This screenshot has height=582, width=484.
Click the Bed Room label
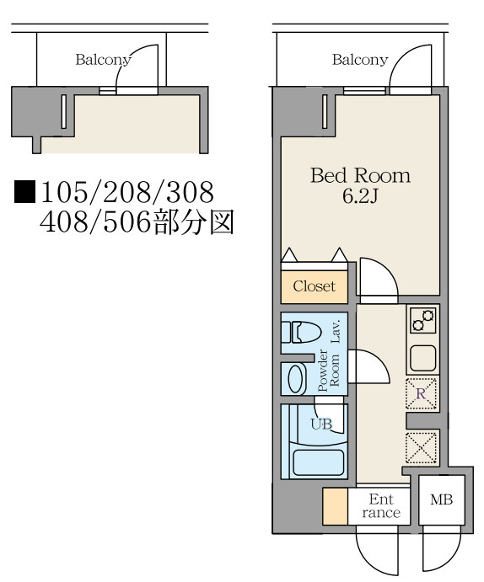click(x=360, y=175)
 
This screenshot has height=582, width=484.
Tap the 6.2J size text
click(x=360, y=196)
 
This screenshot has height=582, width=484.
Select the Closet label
click(x=314, y=286)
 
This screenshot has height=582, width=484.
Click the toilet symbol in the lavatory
click(x=301, y=332)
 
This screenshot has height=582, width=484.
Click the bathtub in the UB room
click(x=318, y=462)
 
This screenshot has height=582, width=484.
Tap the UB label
click(x=321, y=424)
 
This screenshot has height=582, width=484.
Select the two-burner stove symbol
click(x=423, y=320)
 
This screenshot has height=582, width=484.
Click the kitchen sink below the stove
click(x=423, y=358)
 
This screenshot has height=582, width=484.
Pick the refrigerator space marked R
click(x=421, y=393)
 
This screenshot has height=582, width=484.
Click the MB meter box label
click(x=441, y=499)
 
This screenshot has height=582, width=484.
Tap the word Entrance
click(x=381, y=506)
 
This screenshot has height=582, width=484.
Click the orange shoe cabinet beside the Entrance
click(x=335, y=506)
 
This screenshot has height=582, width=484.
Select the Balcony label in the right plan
click(x=360, y=60)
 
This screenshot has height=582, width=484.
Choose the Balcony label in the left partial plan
click(x=103, y=60)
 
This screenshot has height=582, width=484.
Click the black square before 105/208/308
click(x=24, y=192)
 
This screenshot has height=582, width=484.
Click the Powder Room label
click(x=329, y=371)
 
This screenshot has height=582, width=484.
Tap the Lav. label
click(x=336, y=331)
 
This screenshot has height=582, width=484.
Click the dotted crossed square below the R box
click(x=421, y=447)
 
